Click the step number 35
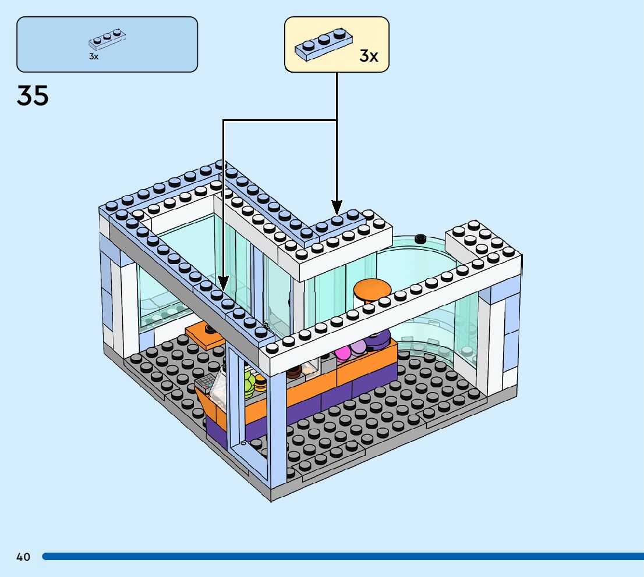pyautogui.click(x=33, y=95)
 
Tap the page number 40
pyautogui.click(x=23, y=557)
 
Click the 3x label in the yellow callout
pyautogui.click(x=369, y=56)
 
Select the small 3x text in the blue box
pyautogui.click(x=93, y=57)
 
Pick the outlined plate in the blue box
pyautogui.click(x=107, y=39)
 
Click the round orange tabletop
pyautogui.click(x=373, y=288)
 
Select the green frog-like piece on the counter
pyautogui.click(x=249, y=380)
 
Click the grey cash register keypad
pyautogui.click(x=206, y=382)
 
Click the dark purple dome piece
pyautogui.click(x=378, y=337)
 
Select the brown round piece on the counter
pyautogui.click(x=293, y=370)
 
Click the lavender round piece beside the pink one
pyautogui.click(x=358, y=347)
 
